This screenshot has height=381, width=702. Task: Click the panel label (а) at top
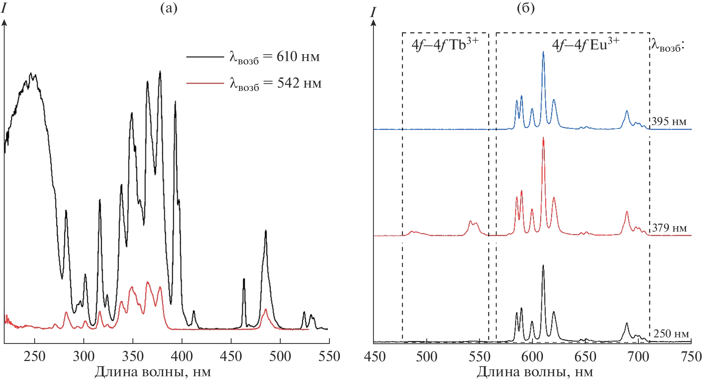coord(169,8)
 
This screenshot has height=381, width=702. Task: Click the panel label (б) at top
coord(526,8)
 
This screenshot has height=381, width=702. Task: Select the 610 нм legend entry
coord(274,57)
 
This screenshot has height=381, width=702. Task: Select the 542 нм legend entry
coord(275,84)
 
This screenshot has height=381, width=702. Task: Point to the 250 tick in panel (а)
coord(35,357)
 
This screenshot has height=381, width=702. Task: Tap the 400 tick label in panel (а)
coord(182,357)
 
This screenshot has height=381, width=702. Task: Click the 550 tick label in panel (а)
coord(329,357)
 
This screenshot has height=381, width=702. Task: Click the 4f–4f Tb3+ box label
coord(445,44)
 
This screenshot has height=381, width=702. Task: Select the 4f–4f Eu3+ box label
coord(585,44)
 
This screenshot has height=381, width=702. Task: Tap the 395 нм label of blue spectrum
coord(669,121)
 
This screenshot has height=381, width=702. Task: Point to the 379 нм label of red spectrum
coord(669,228)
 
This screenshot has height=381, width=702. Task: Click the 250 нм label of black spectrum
coord(671,334)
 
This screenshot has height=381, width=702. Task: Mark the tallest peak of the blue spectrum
coord(543,52)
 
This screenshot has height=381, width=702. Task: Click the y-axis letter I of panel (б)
coord(373,13)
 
